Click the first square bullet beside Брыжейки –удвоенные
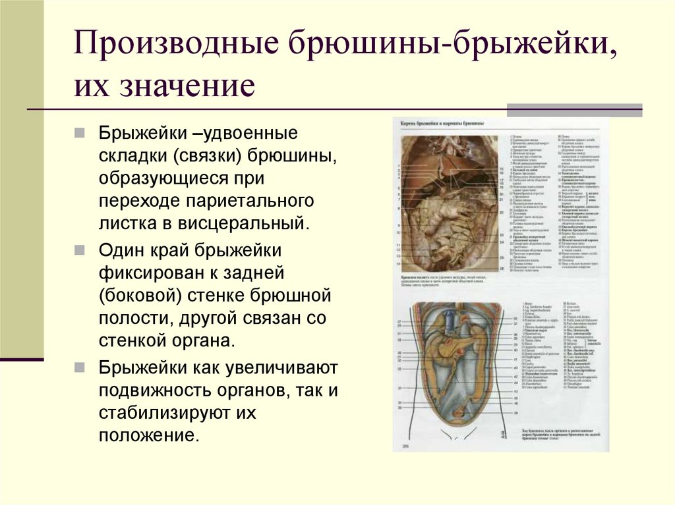click(x=78, y=134)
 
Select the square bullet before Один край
click(x=78, y=252)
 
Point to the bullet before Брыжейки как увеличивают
click(x=78, y=367)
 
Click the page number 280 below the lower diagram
click(x=401, y=448)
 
